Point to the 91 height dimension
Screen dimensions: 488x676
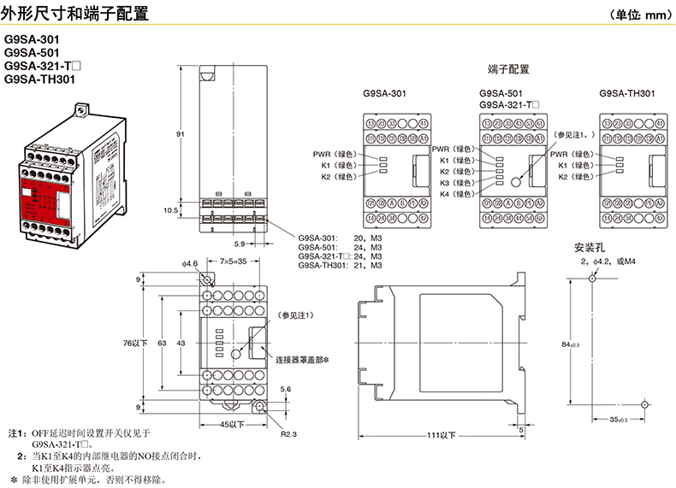tap(181, 134)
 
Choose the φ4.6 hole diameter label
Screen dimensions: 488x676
tap(190, 263)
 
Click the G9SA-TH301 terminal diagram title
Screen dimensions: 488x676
tap(627, 92)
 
